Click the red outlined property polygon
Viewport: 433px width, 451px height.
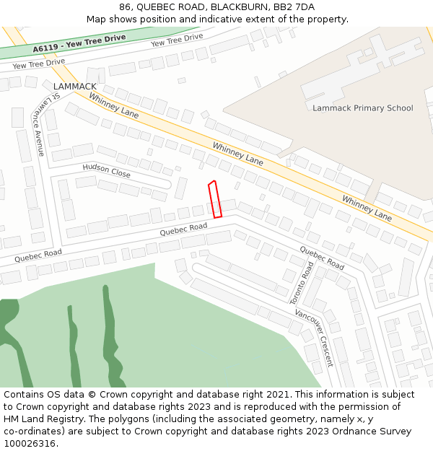[214, 199]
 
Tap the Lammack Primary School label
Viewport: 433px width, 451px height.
[362, 108]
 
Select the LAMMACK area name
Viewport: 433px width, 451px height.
[74, 87]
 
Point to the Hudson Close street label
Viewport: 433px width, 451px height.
[106, 170]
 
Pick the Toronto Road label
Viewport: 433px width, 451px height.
[302, 282]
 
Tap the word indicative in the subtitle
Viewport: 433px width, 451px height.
[220, 19]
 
